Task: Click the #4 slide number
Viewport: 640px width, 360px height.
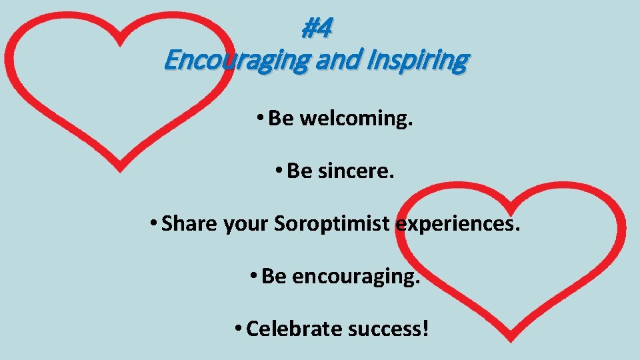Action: [x=317, y=29]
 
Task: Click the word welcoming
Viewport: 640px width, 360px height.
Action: [x=356, y=119]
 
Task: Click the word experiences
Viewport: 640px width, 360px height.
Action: [x=457, y=223]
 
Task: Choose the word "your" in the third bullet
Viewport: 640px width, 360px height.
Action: [x=247, y=223]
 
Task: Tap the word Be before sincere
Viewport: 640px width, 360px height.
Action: [x=299, y=171]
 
